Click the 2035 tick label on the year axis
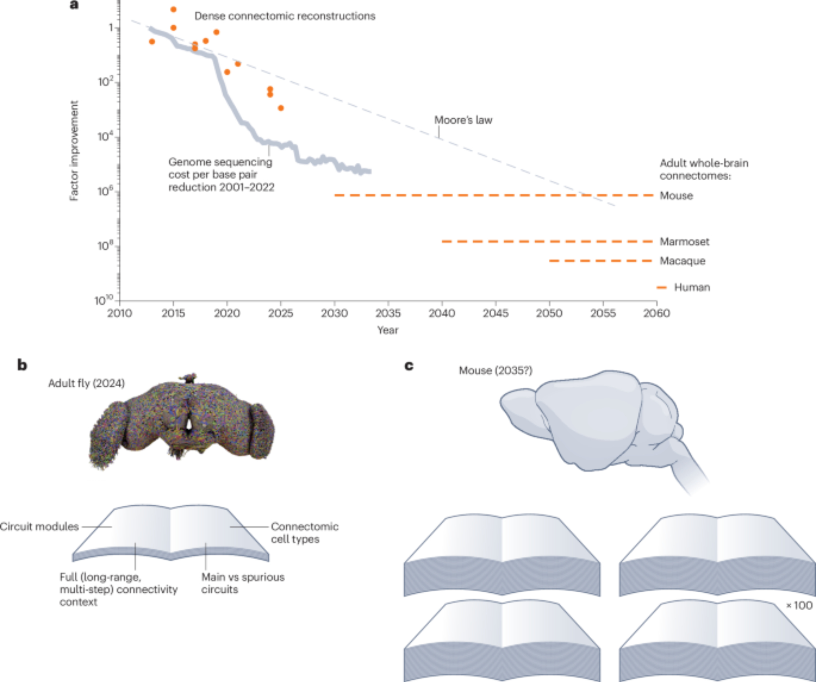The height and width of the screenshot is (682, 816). tap(388, 313)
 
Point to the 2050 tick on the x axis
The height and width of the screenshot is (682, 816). tap(549, 313)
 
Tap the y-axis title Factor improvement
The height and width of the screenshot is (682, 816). tap(74, 151)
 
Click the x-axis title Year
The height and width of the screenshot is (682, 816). tap(388, 330)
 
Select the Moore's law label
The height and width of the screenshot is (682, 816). tap(463, 120)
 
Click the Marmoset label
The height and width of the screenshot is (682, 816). tap(685, 241)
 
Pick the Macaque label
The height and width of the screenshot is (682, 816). tap(683, 261)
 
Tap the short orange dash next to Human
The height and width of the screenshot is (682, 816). tap(661, 288)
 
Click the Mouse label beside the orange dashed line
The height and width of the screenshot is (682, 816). tap(676, 196)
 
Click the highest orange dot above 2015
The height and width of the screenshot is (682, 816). tap(173, 9)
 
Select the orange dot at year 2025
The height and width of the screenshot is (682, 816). tap(281, 108)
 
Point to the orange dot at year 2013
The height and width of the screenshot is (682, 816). tap(152, 42)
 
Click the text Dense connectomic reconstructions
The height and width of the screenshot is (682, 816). tap(285, 16)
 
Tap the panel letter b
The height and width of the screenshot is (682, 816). tap(22, 365)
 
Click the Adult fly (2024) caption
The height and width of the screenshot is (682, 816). tap(86, 383)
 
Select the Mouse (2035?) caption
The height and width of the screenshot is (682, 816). tap(496, 370)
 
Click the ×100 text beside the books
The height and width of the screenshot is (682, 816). tap(800, 605)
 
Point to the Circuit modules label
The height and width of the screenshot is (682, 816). tap(39, 527)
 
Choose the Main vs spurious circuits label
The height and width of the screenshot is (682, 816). tap(243, 583)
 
